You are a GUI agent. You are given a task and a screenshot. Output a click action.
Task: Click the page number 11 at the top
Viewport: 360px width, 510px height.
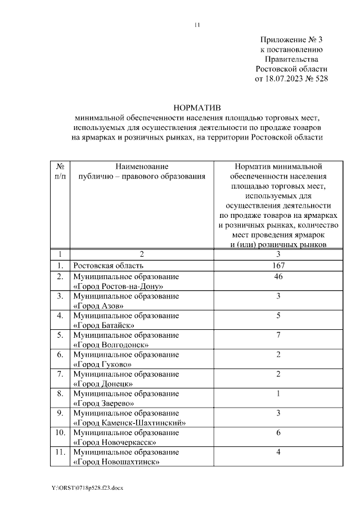pyautogui.click(x=197, y=25)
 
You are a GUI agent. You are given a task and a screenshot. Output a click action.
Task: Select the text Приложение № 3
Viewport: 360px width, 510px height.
pyautogui.click(x=292, y=40)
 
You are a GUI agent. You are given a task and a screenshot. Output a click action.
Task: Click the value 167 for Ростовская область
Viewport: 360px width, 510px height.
pyautogui.click(x=278, y=265)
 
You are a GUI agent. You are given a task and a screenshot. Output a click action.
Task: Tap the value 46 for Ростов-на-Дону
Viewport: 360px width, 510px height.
pyautogui.click(x=278, y=277)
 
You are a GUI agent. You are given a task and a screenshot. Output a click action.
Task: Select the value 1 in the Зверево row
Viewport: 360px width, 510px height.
pyautogui.click(x=278, y=394)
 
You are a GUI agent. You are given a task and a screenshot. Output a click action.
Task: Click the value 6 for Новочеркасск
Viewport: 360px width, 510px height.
pyautogui.click(x=278, y=433)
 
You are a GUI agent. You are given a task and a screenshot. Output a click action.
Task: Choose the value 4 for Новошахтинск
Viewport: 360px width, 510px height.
pyautogui.click(x=278, y=453)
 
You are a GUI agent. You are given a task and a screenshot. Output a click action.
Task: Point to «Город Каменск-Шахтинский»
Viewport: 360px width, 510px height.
pyautogui.click(x=129, y=423)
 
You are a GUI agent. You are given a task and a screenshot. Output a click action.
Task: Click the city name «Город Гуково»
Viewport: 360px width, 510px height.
pyautogui.click(x=102, y=364)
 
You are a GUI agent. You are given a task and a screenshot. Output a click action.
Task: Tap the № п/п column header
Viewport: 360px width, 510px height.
pyautogui.click(x=60, y=172)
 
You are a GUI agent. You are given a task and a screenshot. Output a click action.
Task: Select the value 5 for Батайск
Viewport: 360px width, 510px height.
pyautogui.click(x=278, y=316)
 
